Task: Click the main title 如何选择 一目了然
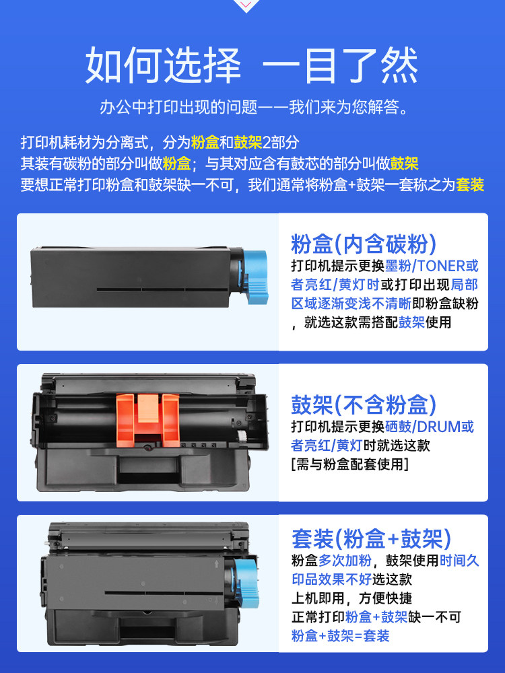252,65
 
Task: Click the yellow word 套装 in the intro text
470,184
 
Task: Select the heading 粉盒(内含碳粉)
364,244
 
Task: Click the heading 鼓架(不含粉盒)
364,404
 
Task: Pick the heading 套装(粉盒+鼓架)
372,538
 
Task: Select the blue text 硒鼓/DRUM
423,427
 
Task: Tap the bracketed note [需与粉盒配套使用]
349,464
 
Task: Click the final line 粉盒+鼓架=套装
340,636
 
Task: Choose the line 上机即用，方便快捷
351,598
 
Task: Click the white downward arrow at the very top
246,5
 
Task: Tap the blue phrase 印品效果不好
331,579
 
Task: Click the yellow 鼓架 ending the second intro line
404,164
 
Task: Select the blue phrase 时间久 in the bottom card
459,561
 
